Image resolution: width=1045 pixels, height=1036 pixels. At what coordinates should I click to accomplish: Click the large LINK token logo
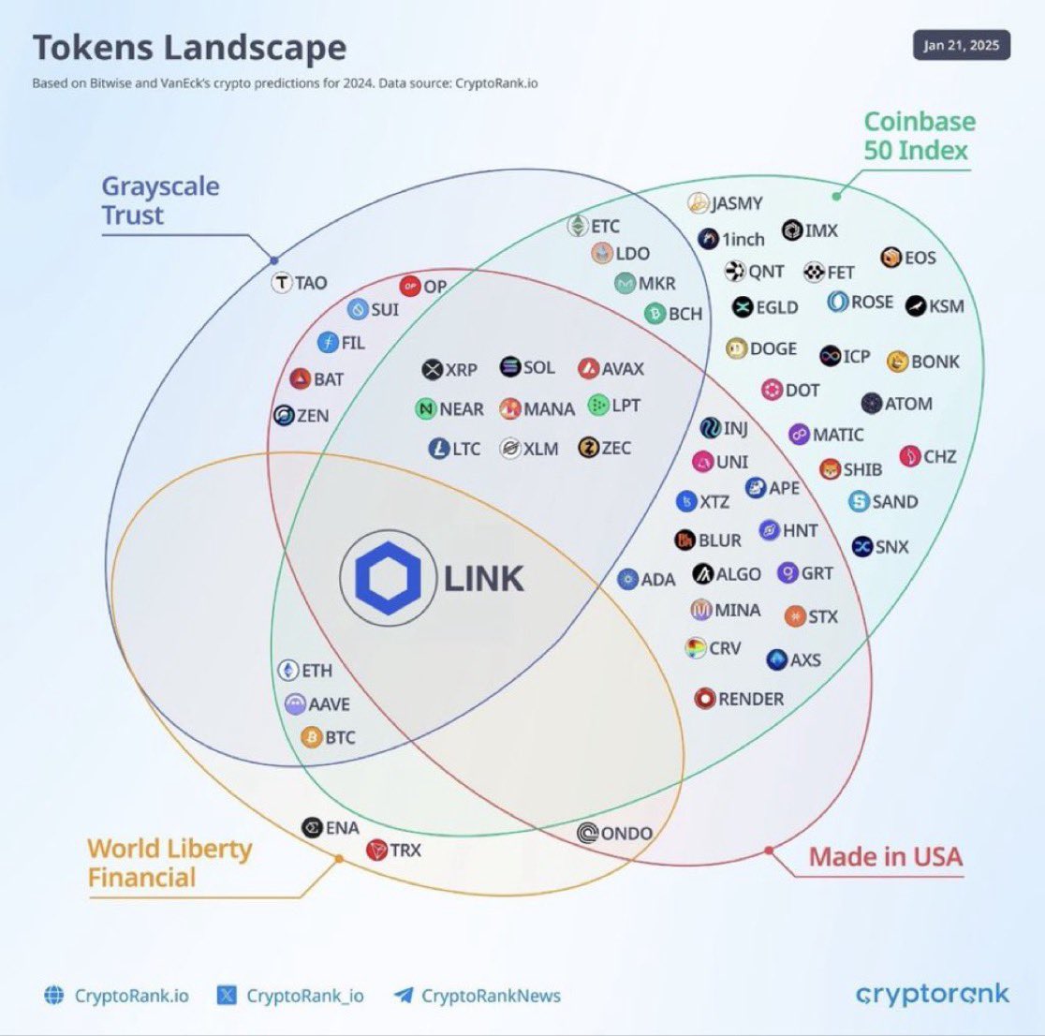click(x=388, y=578)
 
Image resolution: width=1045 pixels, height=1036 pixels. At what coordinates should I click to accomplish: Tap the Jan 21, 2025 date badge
click(x=961, y=46)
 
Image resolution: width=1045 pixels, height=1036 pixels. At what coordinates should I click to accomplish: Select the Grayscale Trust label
click(x=160, y=200)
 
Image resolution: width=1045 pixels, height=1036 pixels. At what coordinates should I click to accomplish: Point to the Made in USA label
click(x=885, y=856)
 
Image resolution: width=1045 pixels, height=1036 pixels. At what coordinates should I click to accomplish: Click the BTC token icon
click(x=312, y=738)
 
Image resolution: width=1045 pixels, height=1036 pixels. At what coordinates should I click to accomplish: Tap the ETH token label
click(x=316, y=671)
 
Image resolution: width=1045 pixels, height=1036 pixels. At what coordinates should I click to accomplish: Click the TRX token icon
click(x=376, y=851)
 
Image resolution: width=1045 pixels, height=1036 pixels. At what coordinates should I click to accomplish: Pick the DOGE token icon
click(x=737, y=348)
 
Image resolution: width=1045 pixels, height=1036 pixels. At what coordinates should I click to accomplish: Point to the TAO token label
click(x=311, y=283)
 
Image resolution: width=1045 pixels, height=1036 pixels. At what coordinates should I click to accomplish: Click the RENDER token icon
click(x=705, y=699)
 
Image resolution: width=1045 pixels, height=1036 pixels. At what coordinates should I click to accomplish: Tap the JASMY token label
click(x=737, y=203)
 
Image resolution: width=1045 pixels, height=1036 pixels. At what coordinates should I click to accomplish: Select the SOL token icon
click(x=510, y=367)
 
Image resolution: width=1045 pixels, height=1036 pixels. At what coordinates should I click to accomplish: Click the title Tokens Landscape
click(x=189, y=48)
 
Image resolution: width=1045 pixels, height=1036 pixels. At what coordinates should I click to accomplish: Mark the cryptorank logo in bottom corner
click(x=932, y=994)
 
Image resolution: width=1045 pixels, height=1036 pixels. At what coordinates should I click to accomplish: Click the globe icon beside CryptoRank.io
click(x=54, y=996)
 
